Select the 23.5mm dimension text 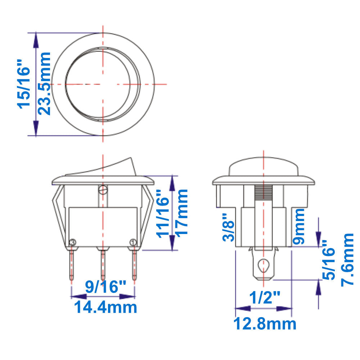(x=45, y=84)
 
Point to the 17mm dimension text (x=183, y=212)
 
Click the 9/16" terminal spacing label (x=105, y=287)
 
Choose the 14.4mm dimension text (x=105, y=308)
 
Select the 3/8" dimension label (x=229, y=228)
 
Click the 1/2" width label (x=265, y=298)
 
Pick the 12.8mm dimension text (x=265, y=324)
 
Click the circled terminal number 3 (x=73, y=242)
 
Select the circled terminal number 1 (x=133, y=242)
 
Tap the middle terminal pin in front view (x=103, y=265)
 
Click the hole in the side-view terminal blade (x=264, y=265)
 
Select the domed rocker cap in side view (x=264, y=166)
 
